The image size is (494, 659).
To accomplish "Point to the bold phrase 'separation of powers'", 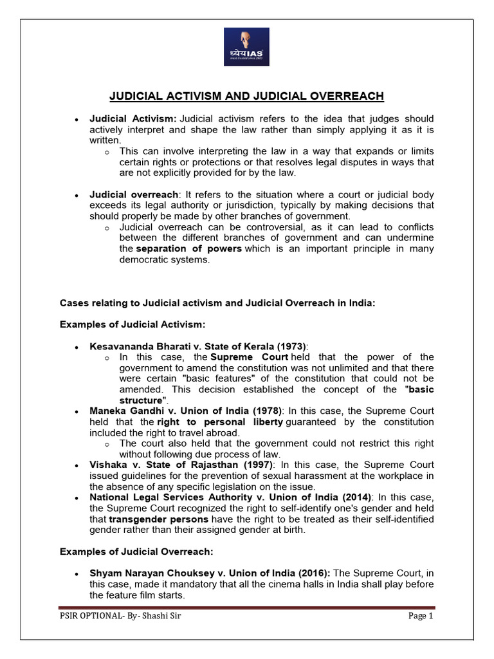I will pos(188,248).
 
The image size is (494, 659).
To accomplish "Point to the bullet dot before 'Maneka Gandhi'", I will pos(77,412).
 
